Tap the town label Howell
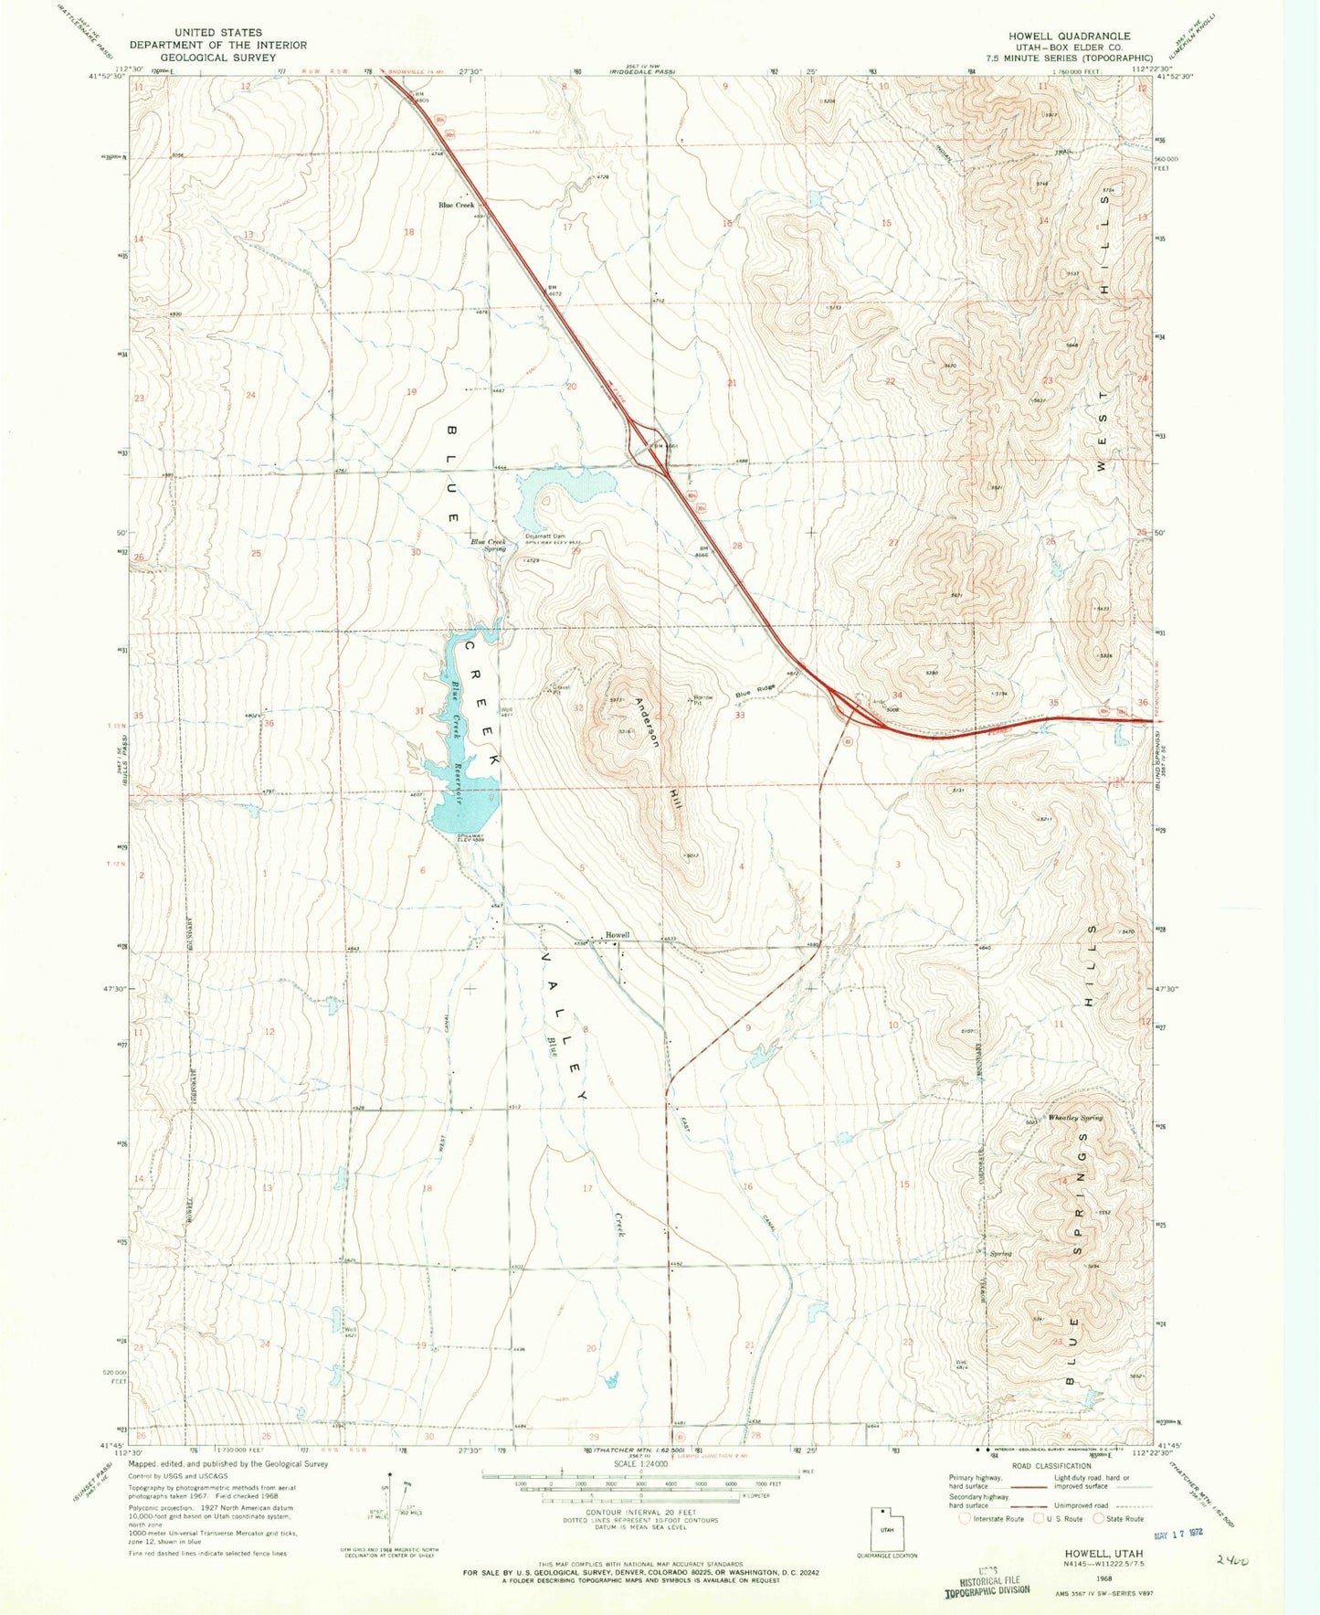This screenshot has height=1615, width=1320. (x=618, y=935)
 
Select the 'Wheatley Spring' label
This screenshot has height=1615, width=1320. (x=1075, y=1117)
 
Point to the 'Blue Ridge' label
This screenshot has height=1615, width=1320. (x=755, y=692)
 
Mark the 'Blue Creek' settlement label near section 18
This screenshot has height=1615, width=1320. (x=457, y=205)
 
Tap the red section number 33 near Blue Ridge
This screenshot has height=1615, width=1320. (x=739, y=715)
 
